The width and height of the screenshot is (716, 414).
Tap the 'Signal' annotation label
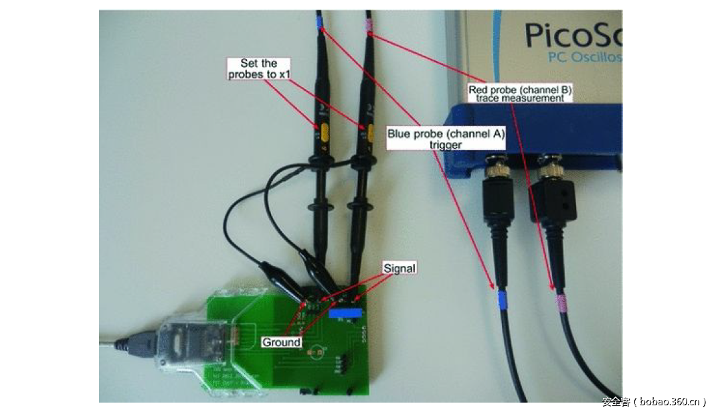pyautogui.click(x=399, y=268)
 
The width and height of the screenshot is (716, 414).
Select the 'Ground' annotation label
pyautogui.click(x=281, y=342)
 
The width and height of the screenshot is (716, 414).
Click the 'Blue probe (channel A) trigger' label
pyautogui.click(x=446, y=139)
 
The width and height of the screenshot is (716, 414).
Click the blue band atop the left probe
pyautogui.click(x=321, y=27)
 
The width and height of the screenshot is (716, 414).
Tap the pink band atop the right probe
pyautogui.click(x=368, y=28)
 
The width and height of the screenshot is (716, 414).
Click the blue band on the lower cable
pyautogui.click(x=502, y=299)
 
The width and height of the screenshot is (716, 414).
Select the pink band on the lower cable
pyautogui.click(x=559, y=301)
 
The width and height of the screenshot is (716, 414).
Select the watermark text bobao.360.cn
pyautogui.click(x=654, y=402)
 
